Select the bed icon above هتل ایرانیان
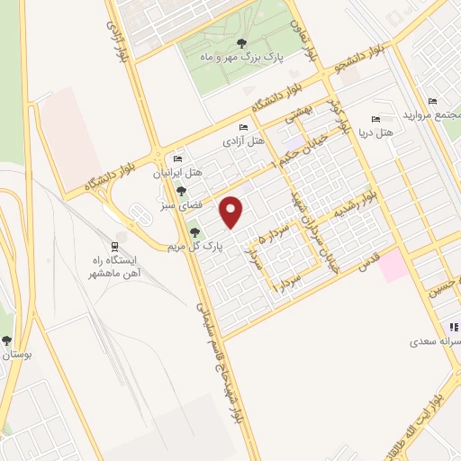click(x=179, y=159)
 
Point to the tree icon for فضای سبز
click(x=182, y=192)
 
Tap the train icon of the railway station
click(x=114, y=247)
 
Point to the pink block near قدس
click(x=393, y=267)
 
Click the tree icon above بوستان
click(x=7, y=341)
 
